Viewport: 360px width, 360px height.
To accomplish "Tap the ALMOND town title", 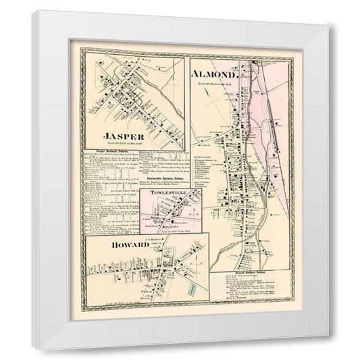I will (213, 73).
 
